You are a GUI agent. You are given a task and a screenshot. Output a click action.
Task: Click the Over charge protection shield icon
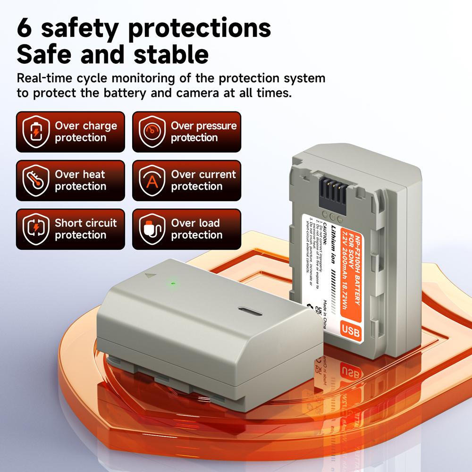click(36, 132)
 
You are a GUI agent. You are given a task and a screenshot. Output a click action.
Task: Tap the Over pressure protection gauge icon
click(152, 132)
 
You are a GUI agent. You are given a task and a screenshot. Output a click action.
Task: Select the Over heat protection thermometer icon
click(36, 181)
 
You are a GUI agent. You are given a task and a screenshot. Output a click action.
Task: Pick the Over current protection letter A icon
click(152, 181)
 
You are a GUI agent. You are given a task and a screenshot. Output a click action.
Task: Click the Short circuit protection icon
click(36, 229)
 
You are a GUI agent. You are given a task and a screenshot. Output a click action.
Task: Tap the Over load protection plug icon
click(152, 229)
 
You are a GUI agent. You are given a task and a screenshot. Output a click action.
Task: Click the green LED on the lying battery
click(173, 284)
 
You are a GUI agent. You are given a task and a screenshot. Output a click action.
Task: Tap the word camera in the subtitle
click(197, 93)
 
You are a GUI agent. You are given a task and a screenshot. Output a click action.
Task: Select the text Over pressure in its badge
click(203, 126)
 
